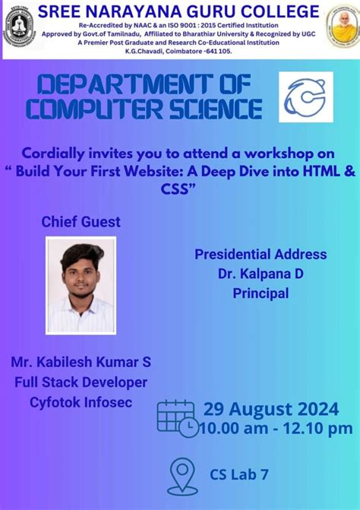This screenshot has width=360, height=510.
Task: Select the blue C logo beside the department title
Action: (305, 97)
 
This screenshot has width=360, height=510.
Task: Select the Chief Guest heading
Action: (81, 222)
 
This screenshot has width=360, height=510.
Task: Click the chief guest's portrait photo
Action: (81, 286)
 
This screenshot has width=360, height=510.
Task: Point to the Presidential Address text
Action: (261, 255)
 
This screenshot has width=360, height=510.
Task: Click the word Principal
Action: (261, 293)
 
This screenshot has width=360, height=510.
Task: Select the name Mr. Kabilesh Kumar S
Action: (81, 363)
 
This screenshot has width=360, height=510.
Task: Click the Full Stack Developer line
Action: (81, 382)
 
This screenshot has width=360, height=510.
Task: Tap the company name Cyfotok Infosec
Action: (81, 401)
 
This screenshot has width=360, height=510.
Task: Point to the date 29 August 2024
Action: (270, 410)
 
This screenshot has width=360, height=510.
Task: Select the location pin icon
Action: (182, 475)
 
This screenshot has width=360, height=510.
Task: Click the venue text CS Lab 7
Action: (239, 475)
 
